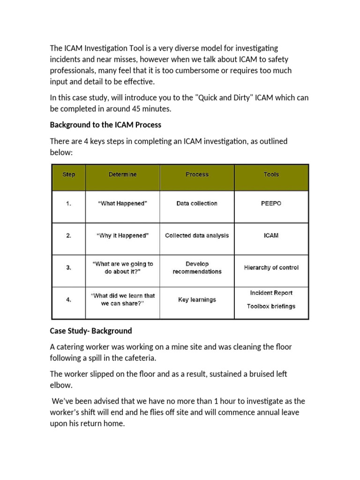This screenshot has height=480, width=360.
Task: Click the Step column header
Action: click(x=68, y=174)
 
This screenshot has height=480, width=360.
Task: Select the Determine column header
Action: click(x=123, y=174)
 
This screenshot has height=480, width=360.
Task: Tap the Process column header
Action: click(x=197, y=174)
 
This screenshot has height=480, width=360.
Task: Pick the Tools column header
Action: click(x=271, y=174)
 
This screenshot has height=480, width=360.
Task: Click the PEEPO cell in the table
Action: click(x=271, y=204)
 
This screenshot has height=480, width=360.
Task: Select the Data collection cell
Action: click(x=197, y=204)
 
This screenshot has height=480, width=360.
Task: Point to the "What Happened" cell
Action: click(x=123, y=204)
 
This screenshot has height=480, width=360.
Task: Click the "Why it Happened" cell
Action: click(x=123, y=236)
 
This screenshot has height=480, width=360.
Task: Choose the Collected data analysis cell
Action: click(x=197, y=236)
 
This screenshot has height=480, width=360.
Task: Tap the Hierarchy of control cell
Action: click(x=271, y=268)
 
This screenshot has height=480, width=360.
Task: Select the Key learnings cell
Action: click(x=197, y=300)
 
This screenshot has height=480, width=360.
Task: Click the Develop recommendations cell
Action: click(x=197, y=268)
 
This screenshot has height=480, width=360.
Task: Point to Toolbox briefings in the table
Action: click(x=271, y=307)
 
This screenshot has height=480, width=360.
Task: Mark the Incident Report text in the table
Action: click(x=271, y=293)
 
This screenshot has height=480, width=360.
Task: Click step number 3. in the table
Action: click(x=68, y=268)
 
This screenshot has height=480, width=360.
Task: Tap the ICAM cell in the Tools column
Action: click(x=271, y=236)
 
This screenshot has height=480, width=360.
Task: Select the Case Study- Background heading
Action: click(x=91, y=331)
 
